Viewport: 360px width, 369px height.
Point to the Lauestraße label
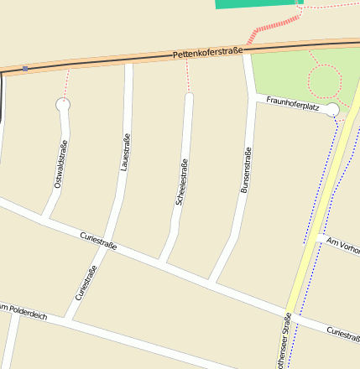pos(125,153)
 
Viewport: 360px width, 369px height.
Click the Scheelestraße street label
pos(181,182)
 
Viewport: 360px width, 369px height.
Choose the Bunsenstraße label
pos(246,172)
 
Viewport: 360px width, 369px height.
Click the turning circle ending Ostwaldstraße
pos(63,105)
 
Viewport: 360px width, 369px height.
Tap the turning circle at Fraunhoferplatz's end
pos(331,110)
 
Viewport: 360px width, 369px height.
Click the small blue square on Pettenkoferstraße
pos(25,68)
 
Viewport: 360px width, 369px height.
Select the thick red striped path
pos(274,26)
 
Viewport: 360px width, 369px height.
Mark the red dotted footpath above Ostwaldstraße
pos(65,85)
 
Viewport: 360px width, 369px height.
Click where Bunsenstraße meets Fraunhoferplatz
pos(253,98)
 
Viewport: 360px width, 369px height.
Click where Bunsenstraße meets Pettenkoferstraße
pos(247,57)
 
